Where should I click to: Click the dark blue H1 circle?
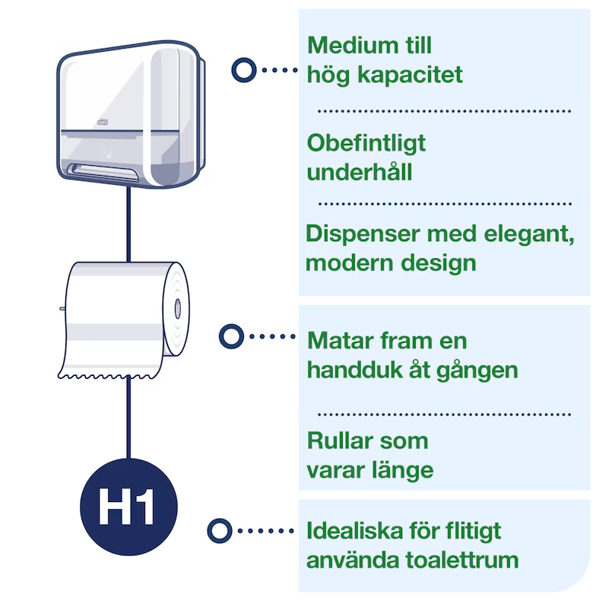128,507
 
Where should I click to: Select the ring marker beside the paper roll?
230,335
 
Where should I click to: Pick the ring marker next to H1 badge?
220,529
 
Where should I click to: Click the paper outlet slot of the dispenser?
102,168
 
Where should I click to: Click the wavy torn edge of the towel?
106,375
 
